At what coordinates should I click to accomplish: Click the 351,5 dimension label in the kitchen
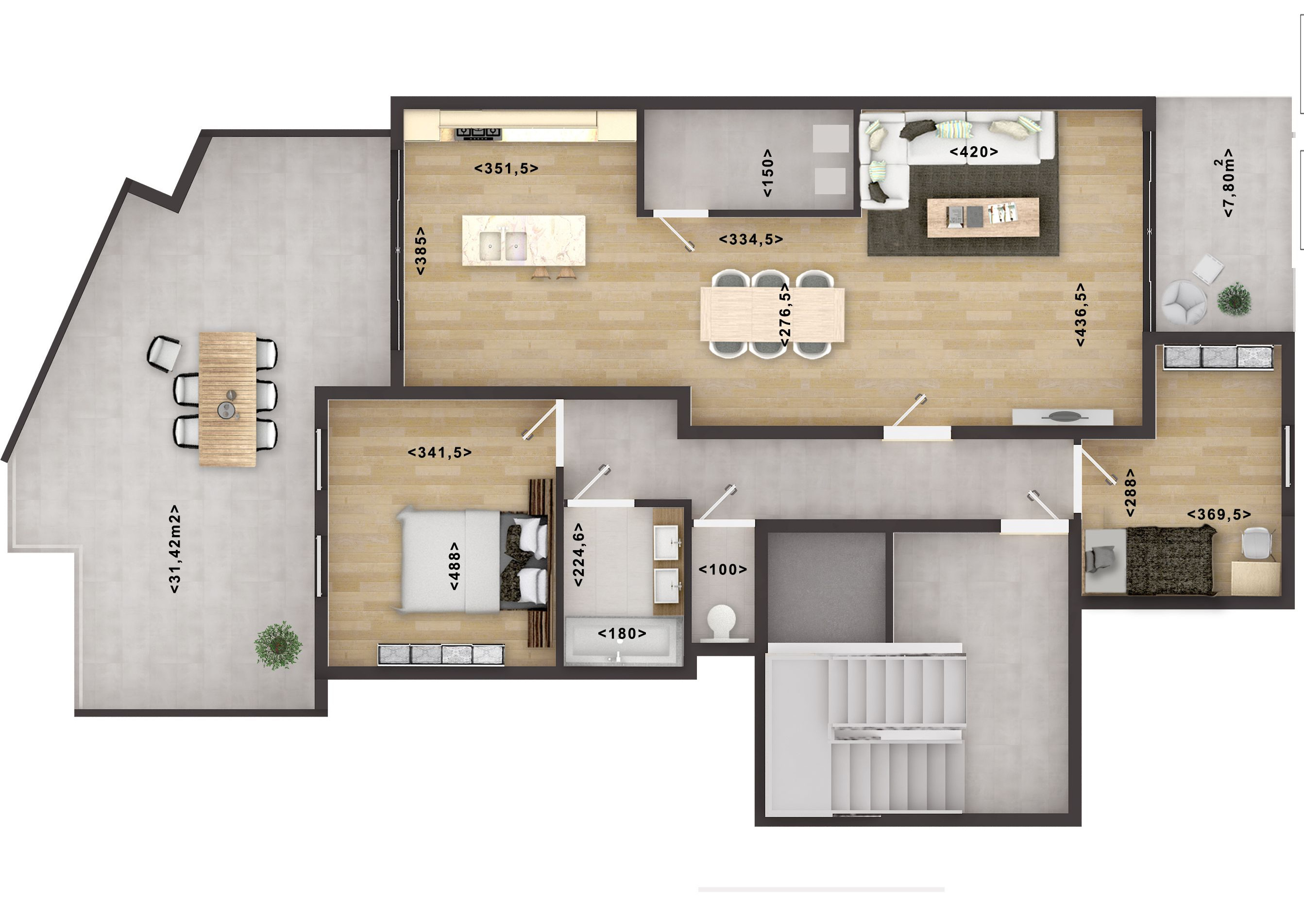click(506, 168)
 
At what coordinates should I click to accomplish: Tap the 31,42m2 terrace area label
click(175, 549)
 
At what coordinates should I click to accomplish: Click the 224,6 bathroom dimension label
click(579, 555)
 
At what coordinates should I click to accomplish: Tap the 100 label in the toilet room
click(723, 570)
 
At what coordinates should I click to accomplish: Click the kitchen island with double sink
click(523, 240)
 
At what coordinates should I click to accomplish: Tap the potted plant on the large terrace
click(278, 646)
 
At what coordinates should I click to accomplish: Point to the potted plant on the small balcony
click(1234, 299)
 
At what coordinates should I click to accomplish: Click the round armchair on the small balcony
click(1184, 301)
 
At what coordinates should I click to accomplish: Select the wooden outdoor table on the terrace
click(227, 399)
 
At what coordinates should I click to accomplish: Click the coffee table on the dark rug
click(983, 217)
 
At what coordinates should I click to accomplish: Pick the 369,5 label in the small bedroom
click(1219, 515)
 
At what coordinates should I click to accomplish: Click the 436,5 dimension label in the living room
click(1081, 315)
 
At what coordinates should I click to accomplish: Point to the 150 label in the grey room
click(767, 173)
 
